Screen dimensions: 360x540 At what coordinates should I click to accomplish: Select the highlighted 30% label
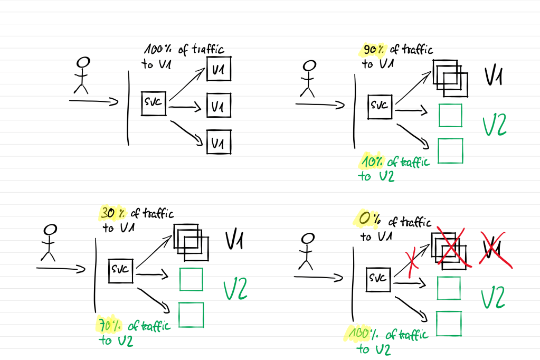pos(110,214)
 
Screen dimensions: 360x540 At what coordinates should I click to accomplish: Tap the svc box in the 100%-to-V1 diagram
pos(154,103)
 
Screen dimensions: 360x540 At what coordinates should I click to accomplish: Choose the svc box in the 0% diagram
pos(378,278)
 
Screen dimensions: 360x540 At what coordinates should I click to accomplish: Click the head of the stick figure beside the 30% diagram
pos(50,230)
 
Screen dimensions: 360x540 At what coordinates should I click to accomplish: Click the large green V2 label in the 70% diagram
pos(235,290)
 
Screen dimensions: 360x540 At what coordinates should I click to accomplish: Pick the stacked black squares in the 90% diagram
pos(450,78)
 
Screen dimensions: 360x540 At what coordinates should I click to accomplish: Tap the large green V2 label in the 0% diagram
pos(494,297)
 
